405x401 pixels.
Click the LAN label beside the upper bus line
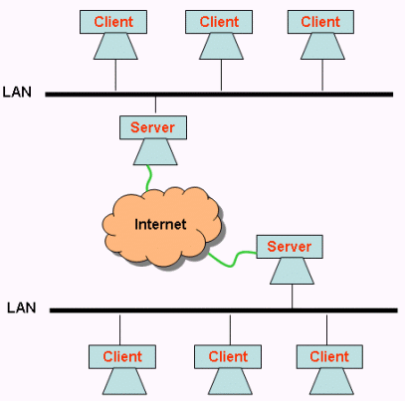tap(17, 92)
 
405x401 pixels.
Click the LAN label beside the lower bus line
tap(22, 307)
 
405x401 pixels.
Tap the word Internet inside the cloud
tap(160, 224)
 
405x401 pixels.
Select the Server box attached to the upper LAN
tap(153, 127)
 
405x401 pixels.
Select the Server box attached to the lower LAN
tap(290, 247)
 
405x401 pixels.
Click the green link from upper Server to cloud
tap(149, 178)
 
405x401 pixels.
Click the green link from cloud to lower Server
tap(233, 260)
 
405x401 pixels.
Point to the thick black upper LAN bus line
tap(219, 95)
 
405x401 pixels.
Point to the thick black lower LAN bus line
tap(224, 310)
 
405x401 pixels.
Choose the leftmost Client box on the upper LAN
tap(113, 22)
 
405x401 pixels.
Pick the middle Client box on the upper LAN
tap(219, 22)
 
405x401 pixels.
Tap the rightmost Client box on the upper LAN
tap(320, 22)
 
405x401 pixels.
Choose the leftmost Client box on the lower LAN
tap(122, 357)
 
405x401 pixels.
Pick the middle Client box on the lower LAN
tap(228, 357)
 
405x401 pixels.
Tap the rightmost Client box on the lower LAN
tap(329, 357)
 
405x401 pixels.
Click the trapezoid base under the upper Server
tap(155, 152)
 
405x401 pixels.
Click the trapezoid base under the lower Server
tap(292, 271)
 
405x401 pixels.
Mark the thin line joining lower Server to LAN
tap(293, 297)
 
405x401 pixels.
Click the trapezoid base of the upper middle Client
tap(221, 47)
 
